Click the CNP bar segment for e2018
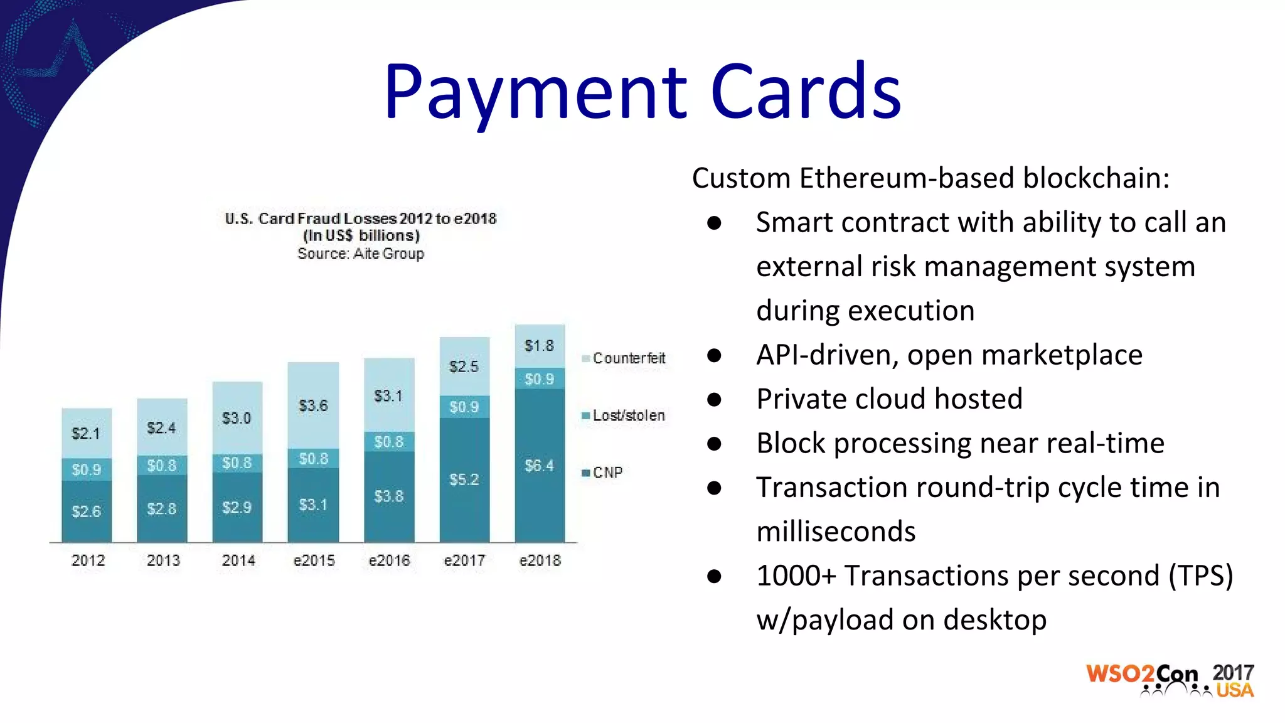point(540,466)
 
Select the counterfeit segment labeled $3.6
point(313,405)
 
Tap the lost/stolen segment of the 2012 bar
point(87,469)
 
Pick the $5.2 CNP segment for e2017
point(464,479)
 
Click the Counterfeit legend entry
point(624,358)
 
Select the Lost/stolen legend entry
point(624,415)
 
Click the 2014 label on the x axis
point(238,560)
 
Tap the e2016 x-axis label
point(389,560)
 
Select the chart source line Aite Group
point(361,254)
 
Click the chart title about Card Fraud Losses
point(361,218)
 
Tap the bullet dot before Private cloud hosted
point(714,400)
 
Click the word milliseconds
point(836,532)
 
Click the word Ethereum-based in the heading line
point(907,178)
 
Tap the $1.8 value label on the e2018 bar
point(540,346)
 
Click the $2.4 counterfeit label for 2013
point(161,428)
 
